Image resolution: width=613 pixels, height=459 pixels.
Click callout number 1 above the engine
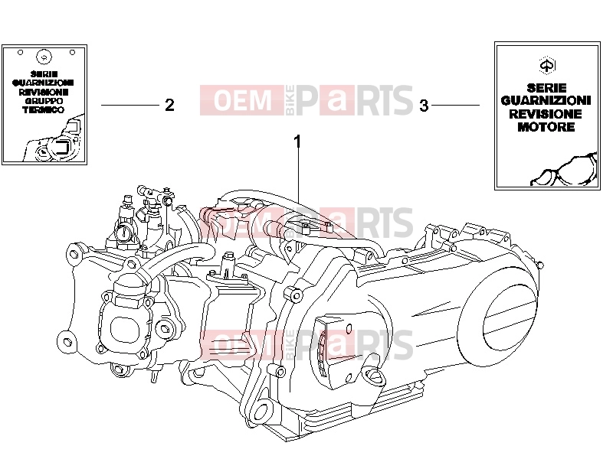[x=298, y=142]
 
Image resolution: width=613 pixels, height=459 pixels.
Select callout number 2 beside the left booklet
[x=169, y=105]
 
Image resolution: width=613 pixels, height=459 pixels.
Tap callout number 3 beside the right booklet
[x=425, y=106]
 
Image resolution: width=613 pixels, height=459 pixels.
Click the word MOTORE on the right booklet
[x=546, y=127]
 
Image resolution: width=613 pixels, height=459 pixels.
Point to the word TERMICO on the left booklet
[x=44, y=109]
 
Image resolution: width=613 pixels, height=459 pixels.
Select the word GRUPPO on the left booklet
[x=44, y=101]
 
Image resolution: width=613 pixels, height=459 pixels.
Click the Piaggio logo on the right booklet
[x=547, y=65]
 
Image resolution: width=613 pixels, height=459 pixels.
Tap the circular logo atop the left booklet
[x=44, y=57]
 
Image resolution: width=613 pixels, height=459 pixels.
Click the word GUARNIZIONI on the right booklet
[x=546, y=101]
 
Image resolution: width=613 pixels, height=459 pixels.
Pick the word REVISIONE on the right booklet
[x=546, y=114]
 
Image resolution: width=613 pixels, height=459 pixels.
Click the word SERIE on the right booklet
[x=546, y=88]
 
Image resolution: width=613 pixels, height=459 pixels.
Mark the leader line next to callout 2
[x=130, y=105]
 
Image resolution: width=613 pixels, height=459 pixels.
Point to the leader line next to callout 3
[x=455, y=105]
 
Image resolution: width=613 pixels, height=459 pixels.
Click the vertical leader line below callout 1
[x=299, y=177]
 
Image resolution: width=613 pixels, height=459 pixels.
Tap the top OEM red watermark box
[x=242, y=100]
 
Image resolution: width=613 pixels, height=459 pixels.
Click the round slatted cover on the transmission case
[x=510, y=322]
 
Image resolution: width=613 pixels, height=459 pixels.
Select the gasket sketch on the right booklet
[x=564, y=170]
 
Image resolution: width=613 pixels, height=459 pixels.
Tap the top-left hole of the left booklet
[x=21, y=52]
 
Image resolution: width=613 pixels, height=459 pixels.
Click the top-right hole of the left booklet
[x=72, y=52]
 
